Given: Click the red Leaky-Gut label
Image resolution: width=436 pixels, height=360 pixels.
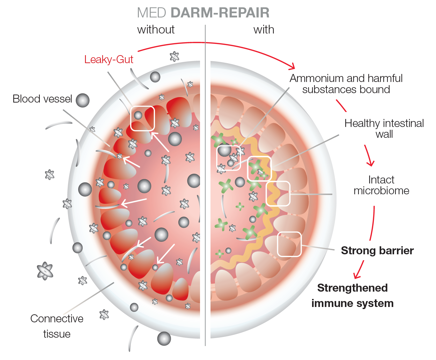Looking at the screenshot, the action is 109,60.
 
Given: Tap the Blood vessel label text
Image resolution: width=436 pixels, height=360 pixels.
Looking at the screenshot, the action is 42,99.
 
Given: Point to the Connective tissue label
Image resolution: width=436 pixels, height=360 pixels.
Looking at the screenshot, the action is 57,326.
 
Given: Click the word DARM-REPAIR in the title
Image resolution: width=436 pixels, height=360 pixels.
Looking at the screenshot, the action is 220,13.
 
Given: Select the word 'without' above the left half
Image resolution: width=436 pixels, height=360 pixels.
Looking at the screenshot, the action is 156,30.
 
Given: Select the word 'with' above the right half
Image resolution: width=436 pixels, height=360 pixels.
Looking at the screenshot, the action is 264,30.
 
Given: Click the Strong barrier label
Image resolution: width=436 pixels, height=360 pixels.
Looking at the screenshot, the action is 377,250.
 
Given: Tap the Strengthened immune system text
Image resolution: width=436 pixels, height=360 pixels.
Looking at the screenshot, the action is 353,295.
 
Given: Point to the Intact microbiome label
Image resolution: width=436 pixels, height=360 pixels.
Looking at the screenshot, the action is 381,185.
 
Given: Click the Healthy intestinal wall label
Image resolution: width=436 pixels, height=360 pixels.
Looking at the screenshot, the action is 384,129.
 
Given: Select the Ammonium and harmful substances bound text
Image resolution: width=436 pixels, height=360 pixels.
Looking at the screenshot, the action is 346,84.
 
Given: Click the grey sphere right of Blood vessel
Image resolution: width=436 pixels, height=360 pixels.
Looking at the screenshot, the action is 82,100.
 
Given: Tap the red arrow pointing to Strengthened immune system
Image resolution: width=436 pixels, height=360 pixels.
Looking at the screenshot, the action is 359,269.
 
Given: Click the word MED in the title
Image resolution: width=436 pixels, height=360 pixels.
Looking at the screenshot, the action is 152,13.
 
